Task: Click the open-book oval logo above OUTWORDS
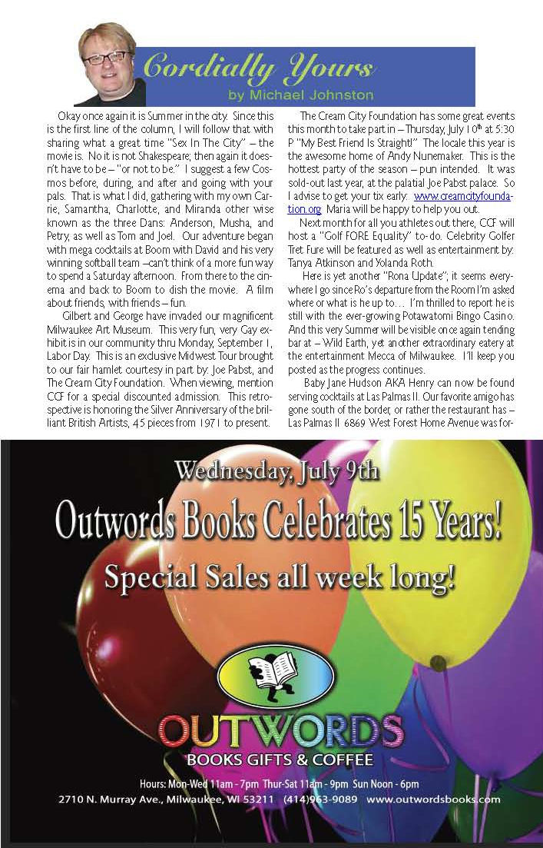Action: click(x=276, y=673)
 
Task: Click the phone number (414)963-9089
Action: click(x=320, y=800)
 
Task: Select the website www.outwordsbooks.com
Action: click(x=434, y=800)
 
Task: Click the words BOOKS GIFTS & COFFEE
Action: click(x=280, y=760)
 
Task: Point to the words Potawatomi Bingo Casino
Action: click(x=439, y=339)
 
